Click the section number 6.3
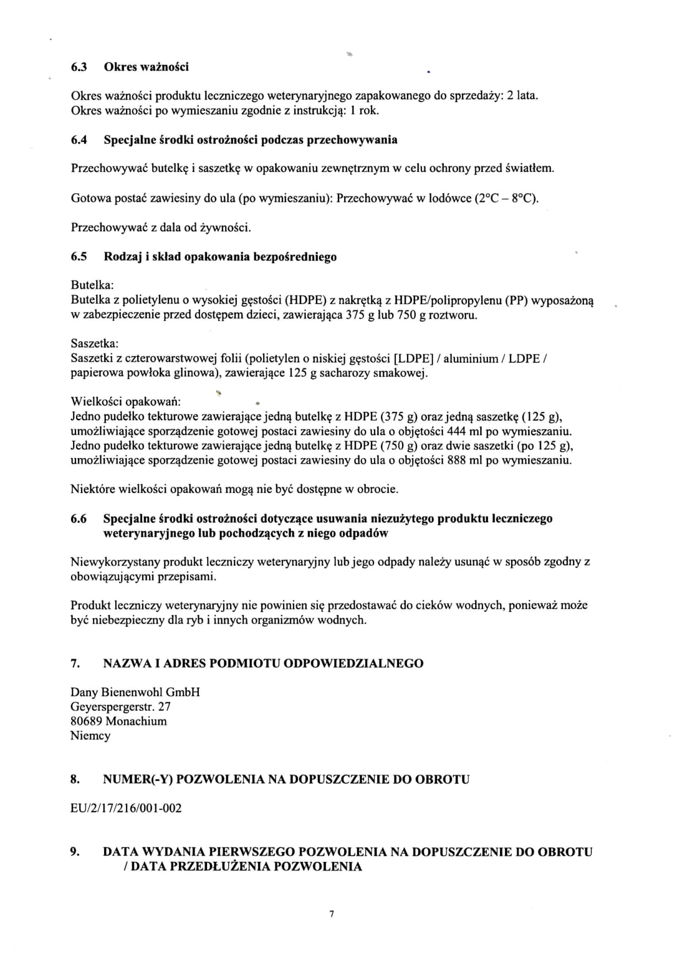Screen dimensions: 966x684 click(x=79, y=67)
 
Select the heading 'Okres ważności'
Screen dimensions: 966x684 click(x=146, y=67)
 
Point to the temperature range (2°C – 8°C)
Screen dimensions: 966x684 click(x=506, y=198)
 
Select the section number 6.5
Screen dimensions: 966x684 click(x=79, y=257)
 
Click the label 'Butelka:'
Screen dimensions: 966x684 click(x=93, y=285)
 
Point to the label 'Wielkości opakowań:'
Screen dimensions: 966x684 click(x=126, y=401)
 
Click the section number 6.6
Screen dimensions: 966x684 click(x=79, y=519)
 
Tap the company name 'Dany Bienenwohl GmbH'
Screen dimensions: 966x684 click(x=135, y=692)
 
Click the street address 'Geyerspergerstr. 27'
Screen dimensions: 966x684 click(x=121, y=707)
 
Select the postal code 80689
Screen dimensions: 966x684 click(x=86, y=721)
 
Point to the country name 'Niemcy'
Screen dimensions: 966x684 click(x=90, y=736)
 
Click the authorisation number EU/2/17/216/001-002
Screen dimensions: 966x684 click(x=126, y=808)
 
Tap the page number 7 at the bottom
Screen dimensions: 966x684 click(x=332, y=915)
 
